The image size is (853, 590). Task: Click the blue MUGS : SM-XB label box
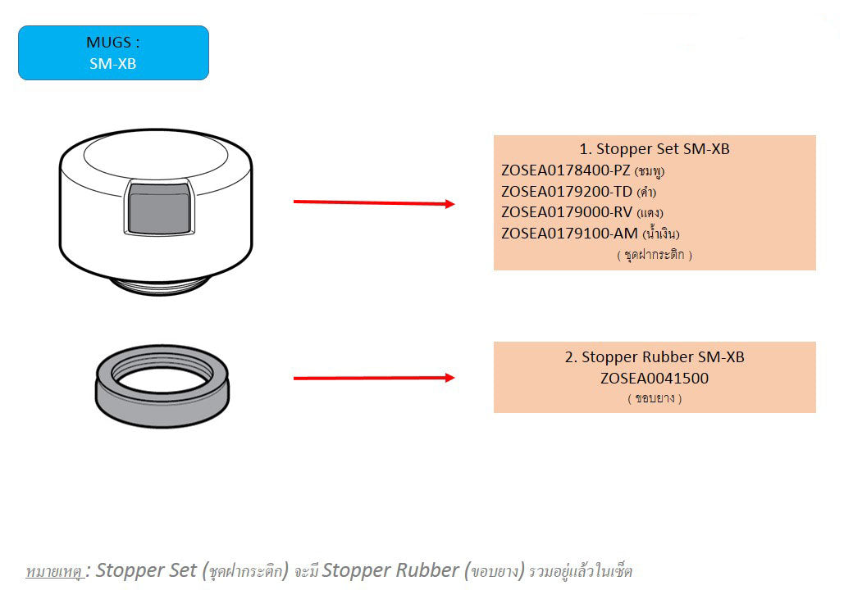point(113,53)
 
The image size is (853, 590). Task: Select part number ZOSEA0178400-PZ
point(566,170)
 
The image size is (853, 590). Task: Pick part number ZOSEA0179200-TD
point(567,192)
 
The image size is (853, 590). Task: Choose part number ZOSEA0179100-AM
point(569,234)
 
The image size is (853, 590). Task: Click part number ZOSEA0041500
point(655,379)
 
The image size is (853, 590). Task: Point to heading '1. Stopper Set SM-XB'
point(655,149)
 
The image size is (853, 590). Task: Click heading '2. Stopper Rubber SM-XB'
point(655,357)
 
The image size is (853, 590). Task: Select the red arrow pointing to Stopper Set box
point(374,202)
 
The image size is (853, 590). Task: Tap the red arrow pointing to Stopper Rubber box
point(374,378)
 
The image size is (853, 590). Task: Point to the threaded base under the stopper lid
point(159,284)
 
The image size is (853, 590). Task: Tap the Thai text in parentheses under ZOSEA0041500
point(655,399)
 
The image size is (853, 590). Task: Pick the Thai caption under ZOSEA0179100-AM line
point(655,255)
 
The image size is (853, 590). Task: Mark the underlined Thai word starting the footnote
point(55,571)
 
